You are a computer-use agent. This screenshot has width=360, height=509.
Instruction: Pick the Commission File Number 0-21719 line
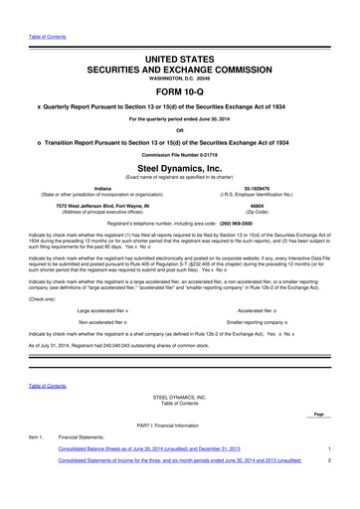coord(180,154)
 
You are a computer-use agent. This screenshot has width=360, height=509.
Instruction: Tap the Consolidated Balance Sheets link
coord(162,477)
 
